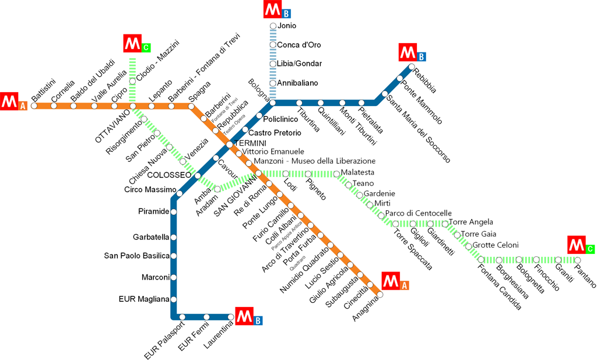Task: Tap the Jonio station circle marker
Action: tap(273, 26)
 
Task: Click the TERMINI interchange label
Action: tap(249, 143)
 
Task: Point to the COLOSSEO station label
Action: tap(169, 175)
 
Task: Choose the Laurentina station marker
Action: tap(231, 317)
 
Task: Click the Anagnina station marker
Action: tap(380, 295)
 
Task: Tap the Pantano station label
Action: tap(585, 275)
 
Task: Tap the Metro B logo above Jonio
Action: tap(278, 10)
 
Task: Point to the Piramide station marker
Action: tap(173, 211)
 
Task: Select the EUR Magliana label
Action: tap(143, 299)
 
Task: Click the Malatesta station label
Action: tap(357, 172)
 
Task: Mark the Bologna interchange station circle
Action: tap(273, 103)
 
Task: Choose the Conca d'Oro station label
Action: tap(298, 45)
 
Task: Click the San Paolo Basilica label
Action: tap(136, 256)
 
